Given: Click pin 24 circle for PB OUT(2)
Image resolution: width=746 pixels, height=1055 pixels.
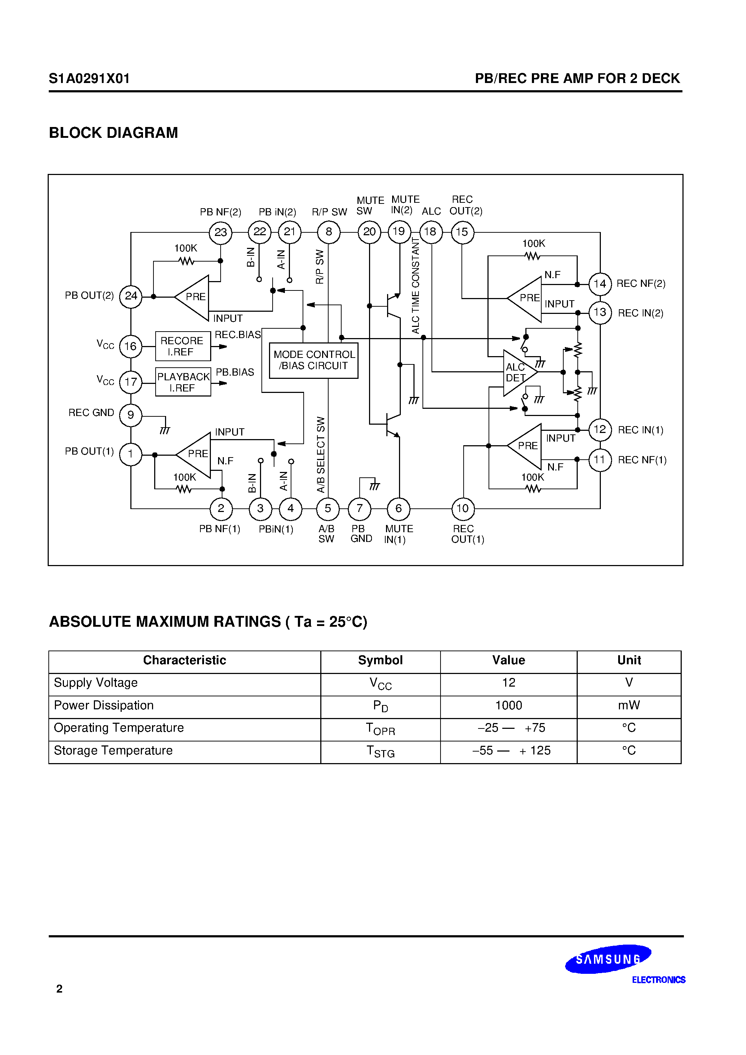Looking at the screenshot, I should click(131, 296).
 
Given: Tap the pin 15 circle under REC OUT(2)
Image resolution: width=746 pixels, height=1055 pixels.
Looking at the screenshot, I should click(462, 232).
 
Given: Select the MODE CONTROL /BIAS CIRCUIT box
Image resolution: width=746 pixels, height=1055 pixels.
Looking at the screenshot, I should click(314, 360).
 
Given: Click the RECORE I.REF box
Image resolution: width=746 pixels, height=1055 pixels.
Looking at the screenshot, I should click(183, 346).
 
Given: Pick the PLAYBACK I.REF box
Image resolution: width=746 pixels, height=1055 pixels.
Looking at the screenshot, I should click(183, 382).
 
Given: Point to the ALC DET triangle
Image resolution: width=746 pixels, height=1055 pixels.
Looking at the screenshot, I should click(519, 373).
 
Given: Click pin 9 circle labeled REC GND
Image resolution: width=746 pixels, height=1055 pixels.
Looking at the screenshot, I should click(131, 415).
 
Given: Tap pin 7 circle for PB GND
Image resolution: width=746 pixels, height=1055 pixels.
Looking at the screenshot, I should click(360, 509).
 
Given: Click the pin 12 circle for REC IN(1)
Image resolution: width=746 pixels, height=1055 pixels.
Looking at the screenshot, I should click(600, 430).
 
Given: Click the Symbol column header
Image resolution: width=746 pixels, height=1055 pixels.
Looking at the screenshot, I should click(380, 660).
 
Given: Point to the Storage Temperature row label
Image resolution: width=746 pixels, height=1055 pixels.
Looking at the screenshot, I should click(113, 750).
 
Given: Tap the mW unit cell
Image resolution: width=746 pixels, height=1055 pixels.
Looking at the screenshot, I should click(629, 705).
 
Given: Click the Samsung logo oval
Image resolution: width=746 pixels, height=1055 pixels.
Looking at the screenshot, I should click(608, 959).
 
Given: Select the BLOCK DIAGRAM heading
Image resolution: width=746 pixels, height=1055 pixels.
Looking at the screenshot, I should click(113, 133).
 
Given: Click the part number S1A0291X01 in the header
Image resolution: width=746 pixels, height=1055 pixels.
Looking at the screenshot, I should click(89, 79).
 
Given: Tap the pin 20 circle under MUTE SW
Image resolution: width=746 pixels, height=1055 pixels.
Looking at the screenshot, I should click(369, 232).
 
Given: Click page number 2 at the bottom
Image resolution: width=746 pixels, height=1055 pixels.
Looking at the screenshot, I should click(59, 988).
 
